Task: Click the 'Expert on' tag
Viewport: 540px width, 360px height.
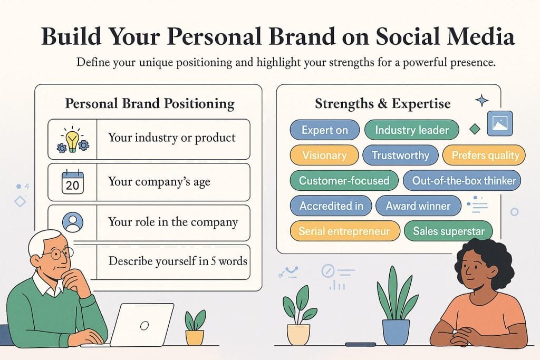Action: pyautogui.click(x=324, y=130)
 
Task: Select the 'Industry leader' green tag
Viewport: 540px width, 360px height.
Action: pyautogui.click(x=411, y=130)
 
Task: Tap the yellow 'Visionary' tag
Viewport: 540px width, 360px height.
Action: pyautogui.click(x=324, y=155)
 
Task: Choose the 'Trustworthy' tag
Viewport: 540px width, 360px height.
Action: pyautogui.click(x=400, y=155)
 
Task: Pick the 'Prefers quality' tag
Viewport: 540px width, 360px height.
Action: pyautogui.click(x=481, y=155)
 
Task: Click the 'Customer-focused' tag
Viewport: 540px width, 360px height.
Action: pyautogui.click(x=344, y=180)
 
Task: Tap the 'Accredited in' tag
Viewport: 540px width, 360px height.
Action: pyautogui.click(x=331, y=206)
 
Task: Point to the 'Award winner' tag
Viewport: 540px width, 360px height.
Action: pyautogui.click(x=418, y=206)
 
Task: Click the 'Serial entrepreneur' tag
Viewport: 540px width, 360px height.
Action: pyautogui.click(x=344, y=231)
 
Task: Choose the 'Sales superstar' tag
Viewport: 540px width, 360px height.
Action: pyautogui.click(x=448, y=231)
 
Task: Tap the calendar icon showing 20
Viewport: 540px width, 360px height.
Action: pyautogui.click(x=72, y=182)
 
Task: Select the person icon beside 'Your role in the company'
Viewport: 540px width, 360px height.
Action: pyautogui.click(x=72, y=222)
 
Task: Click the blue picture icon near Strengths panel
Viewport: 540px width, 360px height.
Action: pyautogui.click(x=499, y=123)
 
